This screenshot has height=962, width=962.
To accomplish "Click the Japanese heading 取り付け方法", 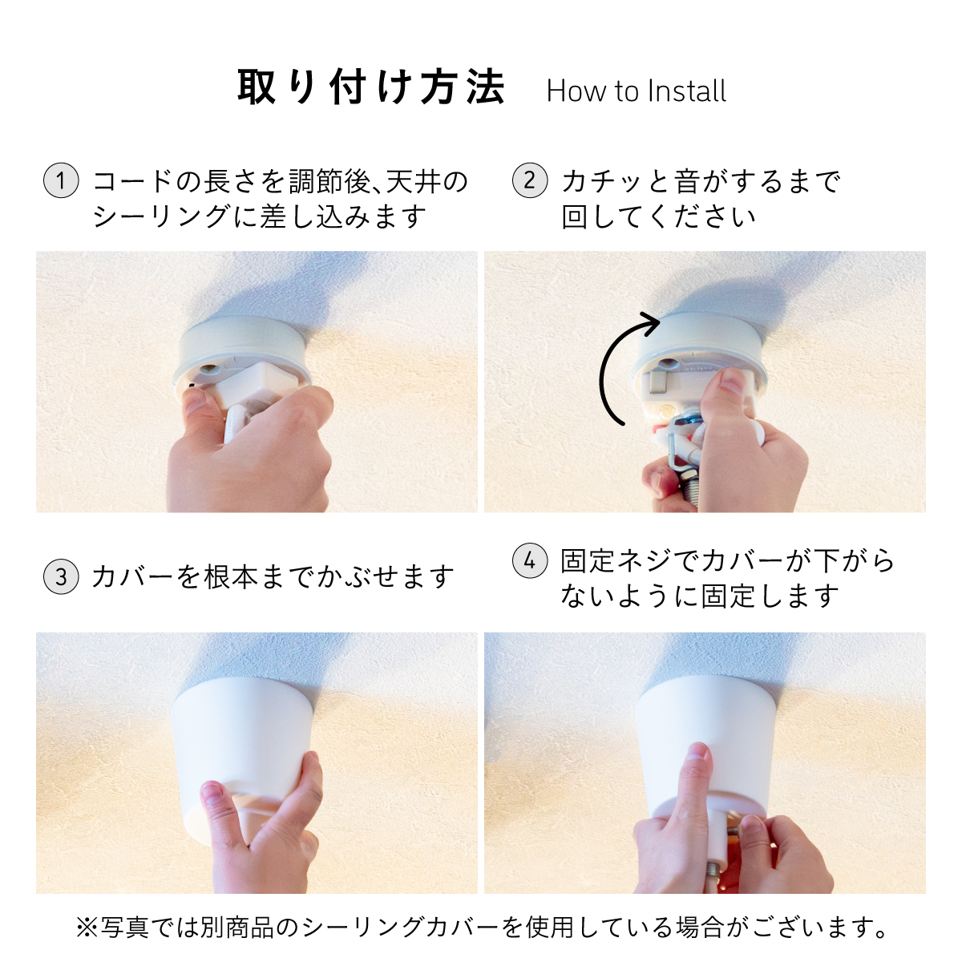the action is click(x=371, y=87).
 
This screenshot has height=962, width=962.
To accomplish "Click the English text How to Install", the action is click(x=636, y=91).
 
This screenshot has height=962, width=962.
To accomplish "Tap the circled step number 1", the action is click(x=61, y=180).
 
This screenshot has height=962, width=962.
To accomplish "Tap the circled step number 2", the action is click(x=530, y=180).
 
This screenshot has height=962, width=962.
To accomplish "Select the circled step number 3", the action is click(x=61, y=576).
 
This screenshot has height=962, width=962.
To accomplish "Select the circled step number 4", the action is click(x=530, y=561).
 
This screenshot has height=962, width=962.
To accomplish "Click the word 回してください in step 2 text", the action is click(x=658, y=217).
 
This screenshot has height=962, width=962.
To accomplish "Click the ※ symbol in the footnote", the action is click(x=87, y=927).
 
